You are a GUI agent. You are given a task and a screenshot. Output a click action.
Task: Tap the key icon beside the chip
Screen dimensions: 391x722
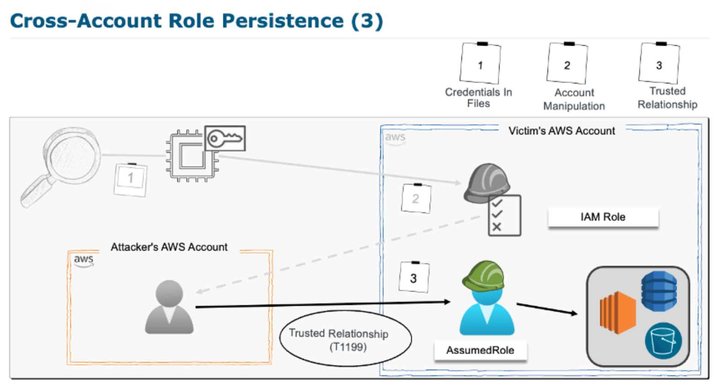click(x=225, y=138)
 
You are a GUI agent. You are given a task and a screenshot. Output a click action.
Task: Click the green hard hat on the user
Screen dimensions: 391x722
click(x=483, y=275)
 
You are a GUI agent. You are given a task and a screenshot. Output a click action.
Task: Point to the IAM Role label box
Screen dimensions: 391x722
click(x=603, y=217)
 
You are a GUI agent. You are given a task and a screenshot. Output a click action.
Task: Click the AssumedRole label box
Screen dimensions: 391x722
click(x=480, y=350)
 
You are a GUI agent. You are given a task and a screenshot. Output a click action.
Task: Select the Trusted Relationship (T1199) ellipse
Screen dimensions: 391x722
click(x=345, y=339)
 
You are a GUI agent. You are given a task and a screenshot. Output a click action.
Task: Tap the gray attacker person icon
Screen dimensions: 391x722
click(x=169, y=307)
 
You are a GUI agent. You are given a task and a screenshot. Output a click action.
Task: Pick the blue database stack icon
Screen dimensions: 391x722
click(x=658, y=291)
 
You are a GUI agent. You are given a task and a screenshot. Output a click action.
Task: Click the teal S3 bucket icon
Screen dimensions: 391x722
click(x=663, y=341)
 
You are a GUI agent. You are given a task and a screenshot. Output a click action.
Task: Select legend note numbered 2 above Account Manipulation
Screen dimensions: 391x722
click(x=567, y=64)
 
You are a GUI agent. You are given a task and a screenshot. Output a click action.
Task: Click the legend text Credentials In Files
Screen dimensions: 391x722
click(x=478, y=98)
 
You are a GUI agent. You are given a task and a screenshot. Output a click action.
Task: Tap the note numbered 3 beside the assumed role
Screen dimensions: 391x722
click(x=414, y=277)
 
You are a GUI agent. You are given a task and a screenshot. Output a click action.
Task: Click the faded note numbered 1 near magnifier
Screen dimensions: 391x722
click(x=131, y=179)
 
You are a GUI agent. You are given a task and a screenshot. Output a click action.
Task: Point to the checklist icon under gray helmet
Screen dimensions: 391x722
click(x=504, y=215)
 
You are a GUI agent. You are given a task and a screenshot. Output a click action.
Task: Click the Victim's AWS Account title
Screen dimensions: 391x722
click(x=561, y=131)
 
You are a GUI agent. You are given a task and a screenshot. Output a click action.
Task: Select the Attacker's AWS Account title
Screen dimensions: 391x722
click(x=169, y=247)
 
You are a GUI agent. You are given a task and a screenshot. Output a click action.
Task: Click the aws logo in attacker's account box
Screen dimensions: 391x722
click(x=84, y=260)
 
